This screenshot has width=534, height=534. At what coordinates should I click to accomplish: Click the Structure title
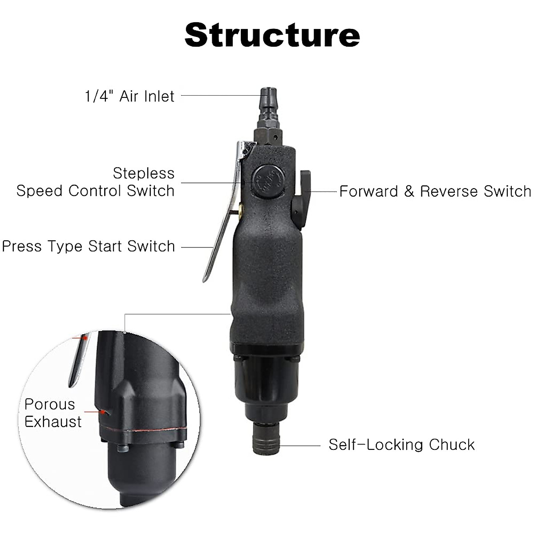[x=272, y=35]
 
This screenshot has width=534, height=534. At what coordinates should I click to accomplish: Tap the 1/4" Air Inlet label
[x=129, y=96]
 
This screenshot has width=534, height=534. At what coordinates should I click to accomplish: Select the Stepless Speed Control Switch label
[x=96, y=182]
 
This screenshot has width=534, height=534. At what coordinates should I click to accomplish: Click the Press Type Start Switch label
[x=89, y=247]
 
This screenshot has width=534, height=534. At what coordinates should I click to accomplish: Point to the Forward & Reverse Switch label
[x=435, y=191]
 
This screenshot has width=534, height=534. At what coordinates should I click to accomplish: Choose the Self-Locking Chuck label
[x=401, y=445]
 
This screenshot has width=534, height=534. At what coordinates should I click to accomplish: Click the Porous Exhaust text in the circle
[x=53, y=413]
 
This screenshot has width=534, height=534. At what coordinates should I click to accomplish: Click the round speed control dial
[x=265, y=180]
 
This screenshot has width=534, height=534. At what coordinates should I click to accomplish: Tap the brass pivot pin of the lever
[x=241, y=208]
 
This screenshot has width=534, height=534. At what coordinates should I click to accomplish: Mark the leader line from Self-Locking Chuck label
[x=300, y=445]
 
